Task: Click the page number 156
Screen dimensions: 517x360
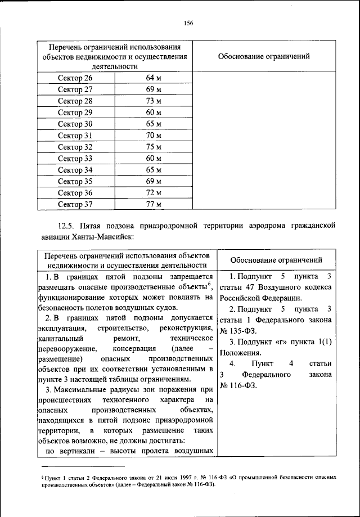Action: point(188,23)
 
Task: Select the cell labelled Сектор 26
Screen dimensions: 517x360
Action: point(75,78)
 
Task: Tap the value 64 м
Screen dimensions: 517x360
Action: point(154,78)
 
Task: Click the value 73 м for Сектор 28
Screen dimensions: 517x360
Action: point(154,101)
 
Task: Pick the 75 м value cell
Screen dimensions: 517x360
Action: point(154,147)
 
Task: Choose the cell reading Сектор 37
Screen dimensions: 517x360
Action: point(75,204)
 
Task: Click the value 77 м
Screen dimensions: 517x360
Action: point(154,204)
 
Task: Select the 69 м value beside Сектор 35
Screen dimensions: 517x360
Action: point(154,181)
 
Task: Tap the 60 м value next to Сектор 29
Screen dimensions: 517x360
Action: point(154,112)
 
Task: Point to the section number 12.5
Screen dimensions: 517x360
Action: point(70,226)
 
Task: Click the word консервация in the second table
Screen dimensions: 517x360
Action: point(133,348)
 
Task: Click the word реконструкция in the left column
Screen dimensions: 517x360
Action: point(186,328)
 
